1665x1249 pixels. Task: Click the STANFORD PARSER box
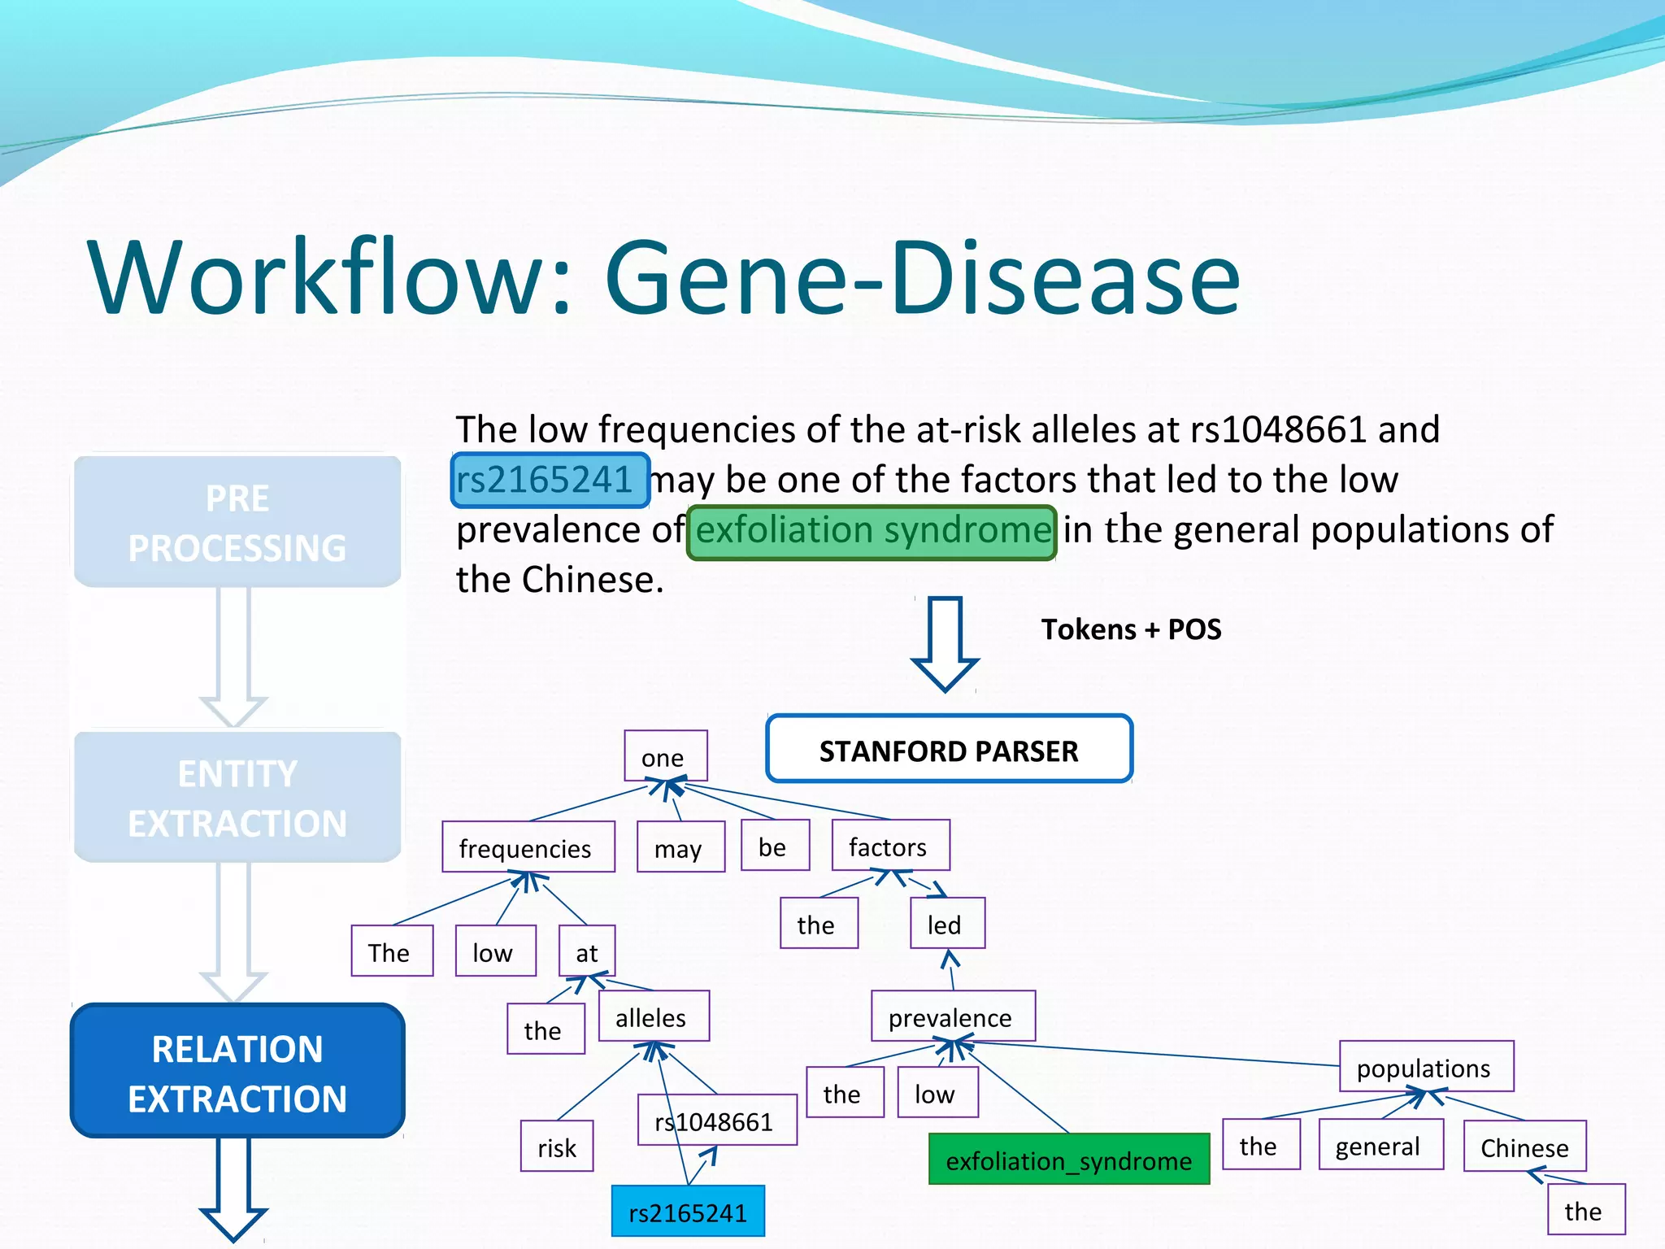coord(949,750)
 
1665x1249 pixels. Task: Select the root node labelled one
coord(665,756)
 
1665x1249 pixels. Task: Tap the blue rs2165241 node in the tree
coord(688,1212)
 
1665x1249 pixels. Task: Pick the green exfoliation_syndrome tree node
coord(1068,1160)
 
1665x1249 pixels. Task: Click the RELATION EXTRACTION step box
coord(237,1072)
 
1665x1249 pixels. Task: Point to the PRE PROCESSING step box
coord(237,522)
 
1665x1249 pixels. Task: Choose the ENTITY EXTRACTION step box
coord(237,798)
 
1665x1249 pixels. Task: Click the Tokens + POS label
coord(1131,629)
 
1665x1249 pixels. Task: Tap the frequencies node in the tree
coord(528,847)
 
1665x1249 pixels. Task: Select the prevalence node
coord(952,1016)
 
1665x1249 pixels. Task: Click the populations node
coord(1425,1067)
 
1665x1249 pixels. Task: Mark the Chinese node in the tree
coord(1524,1147)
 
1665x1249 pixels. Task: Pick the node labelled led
coord(946,924)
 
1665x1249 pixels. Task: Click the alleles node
coord(653,1016)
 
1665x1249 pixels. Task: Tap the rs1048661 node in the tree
coord(715,1121)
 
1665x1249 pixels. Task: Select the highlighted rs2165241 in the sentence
coord(550,480)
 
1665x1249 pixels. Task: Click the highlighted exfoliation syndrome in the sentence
coord(872,532)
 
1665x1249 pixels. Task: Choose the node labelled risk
coord(557,1147)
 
